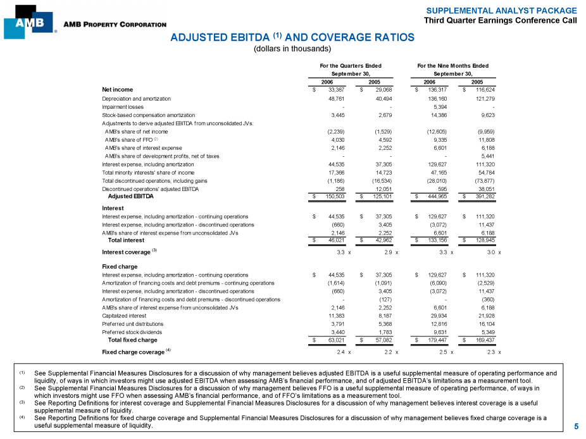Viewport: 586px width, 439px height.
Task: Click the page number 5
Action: (x=576, y=426)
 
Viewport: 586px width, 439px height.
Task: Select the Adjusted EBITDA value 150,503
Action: (x=332, y=196)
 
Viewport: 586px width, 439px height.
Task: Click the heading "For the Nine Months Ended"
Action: (x=453, y=66)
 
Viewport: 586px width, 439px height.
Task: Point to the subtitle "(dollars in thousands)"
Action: (x=292, y=49)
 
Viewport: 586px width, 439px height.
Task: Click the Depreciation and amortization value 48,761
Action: (x=333, y=99)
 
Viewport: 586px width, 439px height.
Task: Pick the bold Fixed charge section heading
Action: (x=120, y=266)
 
